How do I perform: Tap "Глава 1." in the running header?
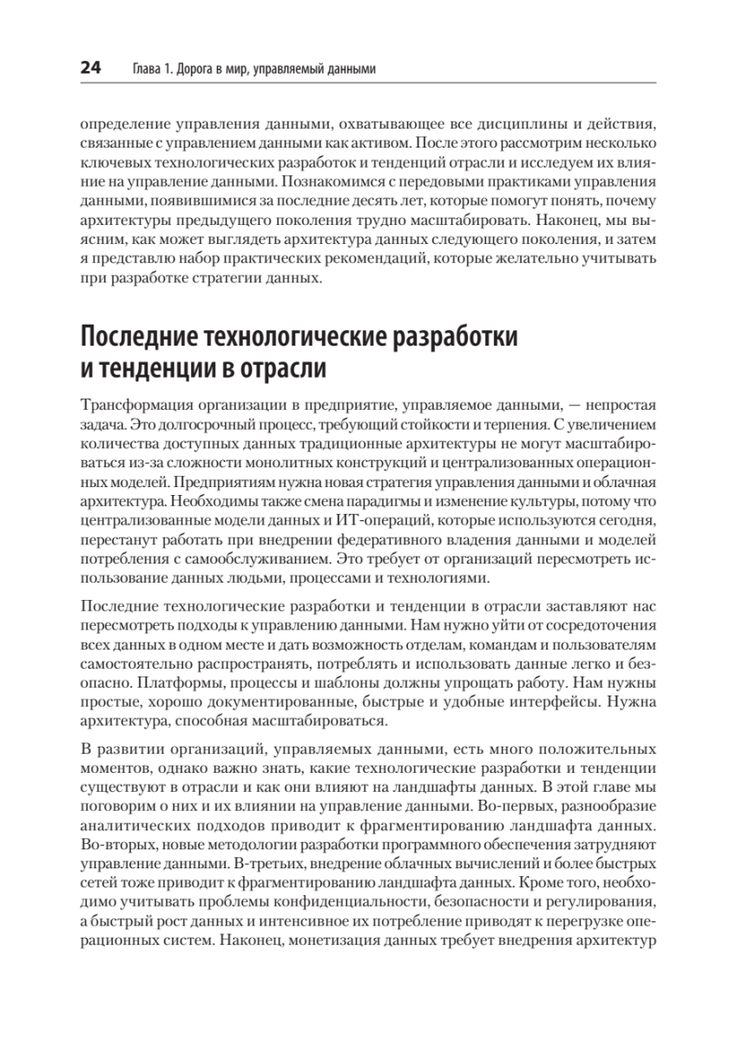click(x=152, y=68)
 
